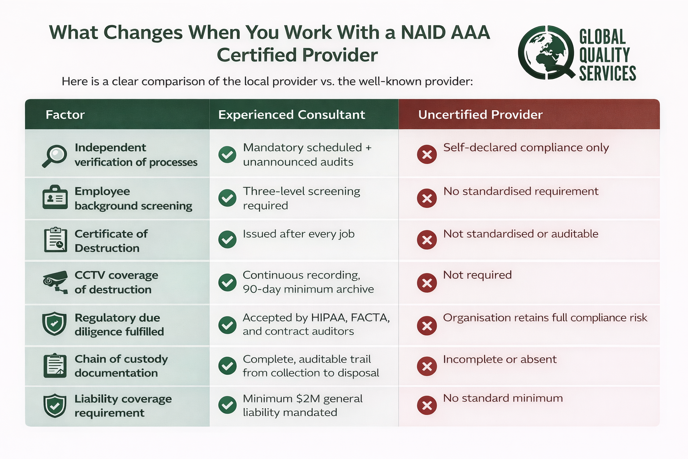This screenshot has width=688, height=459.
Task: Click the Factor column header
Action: [x=65, y=115]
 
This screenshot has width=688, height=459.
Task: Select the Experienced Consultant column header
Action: [x=292, y=115]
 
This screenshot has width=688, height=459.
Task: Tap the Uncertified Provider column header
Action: [x=480, y=115]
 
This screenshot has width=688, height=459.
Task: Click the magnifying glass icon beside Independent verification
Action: [x=54, y=156]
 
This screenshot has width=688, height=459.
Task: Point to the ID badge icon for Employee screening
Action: [x=55, y=197]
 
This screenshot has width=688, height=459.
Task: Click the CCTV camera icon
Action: [x=55, y=282]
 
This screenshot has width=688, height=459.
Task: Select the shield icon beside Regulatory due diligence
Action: [x=54, y=324]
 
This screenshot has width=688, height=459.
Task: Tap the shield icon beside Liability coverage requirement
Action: [x=55, y=406]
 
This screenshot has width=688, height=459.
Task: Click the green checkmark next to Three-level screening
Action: [x=228, y=198]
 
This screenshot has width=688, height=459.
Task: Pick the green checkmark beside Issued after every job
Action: [x=228, y=239]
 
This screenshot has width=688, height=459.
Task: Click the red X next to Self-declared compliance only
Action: [x=427, y=154]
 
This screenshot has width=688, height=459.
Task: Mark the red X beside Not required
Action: [x=427, y=283]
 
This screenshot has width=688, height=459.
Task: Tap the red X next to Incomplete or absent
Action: [x=427, y=366]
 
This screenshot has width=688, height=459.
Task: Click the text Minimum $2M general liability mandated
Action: [x=302, y=405]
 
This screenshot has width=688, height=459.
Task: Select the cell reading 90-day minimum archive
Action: [x=308, y=289]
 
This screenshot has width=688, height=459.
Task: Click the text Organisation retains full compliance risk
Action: [x=545, y=318]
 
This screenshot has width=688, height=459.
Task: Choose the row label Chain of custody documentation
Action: [x=121, y=366]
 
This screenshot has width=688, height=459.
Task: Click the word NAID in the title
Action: [x=423, y=32]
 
